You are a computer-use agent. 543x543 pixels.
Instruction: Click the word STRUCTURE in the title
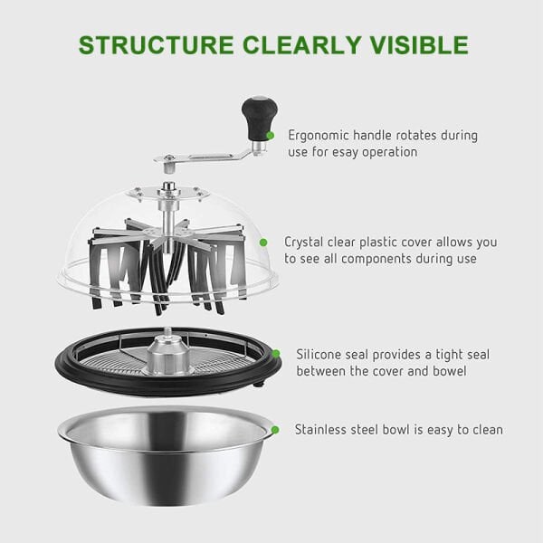[x=157, y=45]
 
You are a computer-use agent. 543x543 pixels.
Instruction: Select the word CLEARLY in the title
[x=302, y=45]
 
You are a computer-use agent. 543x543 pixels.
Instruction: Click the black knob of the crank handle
[x=260, y=118]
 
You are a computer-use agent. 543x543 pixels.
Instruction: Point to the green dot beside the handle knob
[x=270, y=136]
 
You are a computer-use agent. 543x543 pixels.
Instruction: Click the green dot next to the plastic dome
[x=263, y=243]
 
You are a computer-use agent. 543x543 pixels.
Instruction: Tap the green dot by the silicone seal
[x=276, y=354]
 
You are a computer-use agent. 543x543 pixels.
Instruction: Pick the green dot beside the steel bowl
[x=275, y=430]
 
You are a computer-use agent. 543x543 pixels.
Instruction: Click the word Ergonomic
[x=318, y=136]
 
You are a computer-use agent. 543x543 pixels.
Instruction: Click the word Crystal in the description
[x=303, y=243]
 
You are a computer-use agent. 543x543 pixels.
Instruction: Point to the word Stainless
[x=320, y=430]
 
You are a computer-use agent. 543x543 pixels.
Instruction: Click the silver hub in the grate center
[x=168, y=353]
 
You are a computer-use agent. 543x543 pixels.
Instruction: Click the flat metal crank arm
[x=205, y=157]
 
